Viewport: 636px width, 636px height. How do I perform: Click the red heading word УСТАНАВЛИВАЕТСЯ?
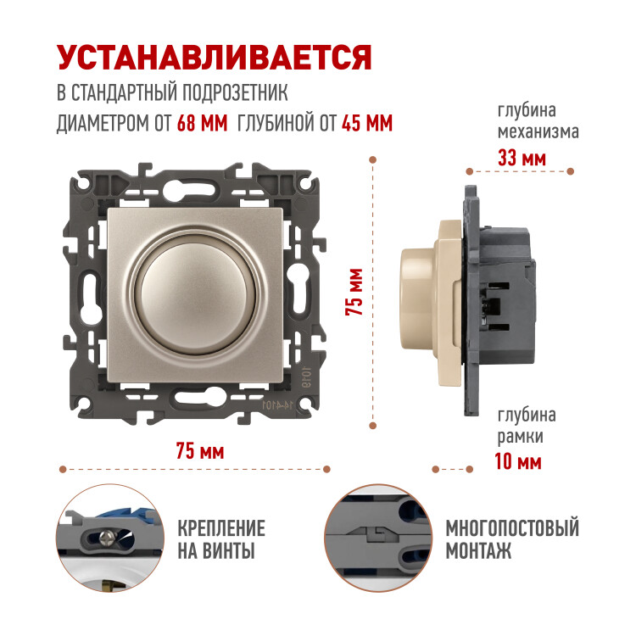click(x=215, y=57)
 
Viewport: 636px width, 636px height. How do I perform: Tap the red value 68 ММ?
click(x=202, y=123)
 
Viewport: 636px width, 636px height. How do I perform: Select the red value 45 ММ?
click(x=367, y=123)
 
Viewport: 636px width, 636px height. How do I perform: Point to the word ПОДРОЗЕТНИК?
click(x=234, y=92)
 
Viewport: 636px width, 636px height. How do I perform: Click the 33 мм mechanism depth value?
click(x=522, y=158)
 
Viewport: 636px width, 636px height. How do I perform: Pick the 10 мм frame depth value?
click(x=518, y=461)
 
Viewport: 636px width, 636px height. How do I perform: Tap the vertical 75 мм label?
click(x=354, y=292)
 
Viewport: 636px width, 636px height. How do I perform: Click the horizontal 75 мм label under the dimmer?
click(x=200, y=451)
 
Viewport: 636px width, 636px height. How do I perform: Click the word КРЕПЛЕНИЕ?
click(x=221, y=528)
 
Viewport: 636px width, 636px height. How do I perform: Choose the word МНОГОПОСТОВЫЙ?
click(x=512, y=528)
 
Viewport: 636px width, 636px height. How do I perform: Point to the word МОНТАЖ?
click(x=478, y=551)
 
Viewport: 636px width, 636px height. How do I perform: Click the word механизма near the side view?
click(x=538, y=131)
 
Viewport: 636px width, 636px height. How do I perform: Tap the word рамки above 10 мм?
click(x=520, y=438)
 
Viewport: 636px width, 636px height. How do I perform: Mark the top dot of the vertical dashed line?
click(x=373, y=159)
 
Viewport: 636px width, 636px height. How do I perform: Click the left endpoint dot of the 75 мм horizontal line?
click(x=63, y=469)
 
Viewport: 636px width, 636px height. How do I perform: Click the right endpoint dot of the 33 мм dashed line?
click(x=571, y=171)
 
